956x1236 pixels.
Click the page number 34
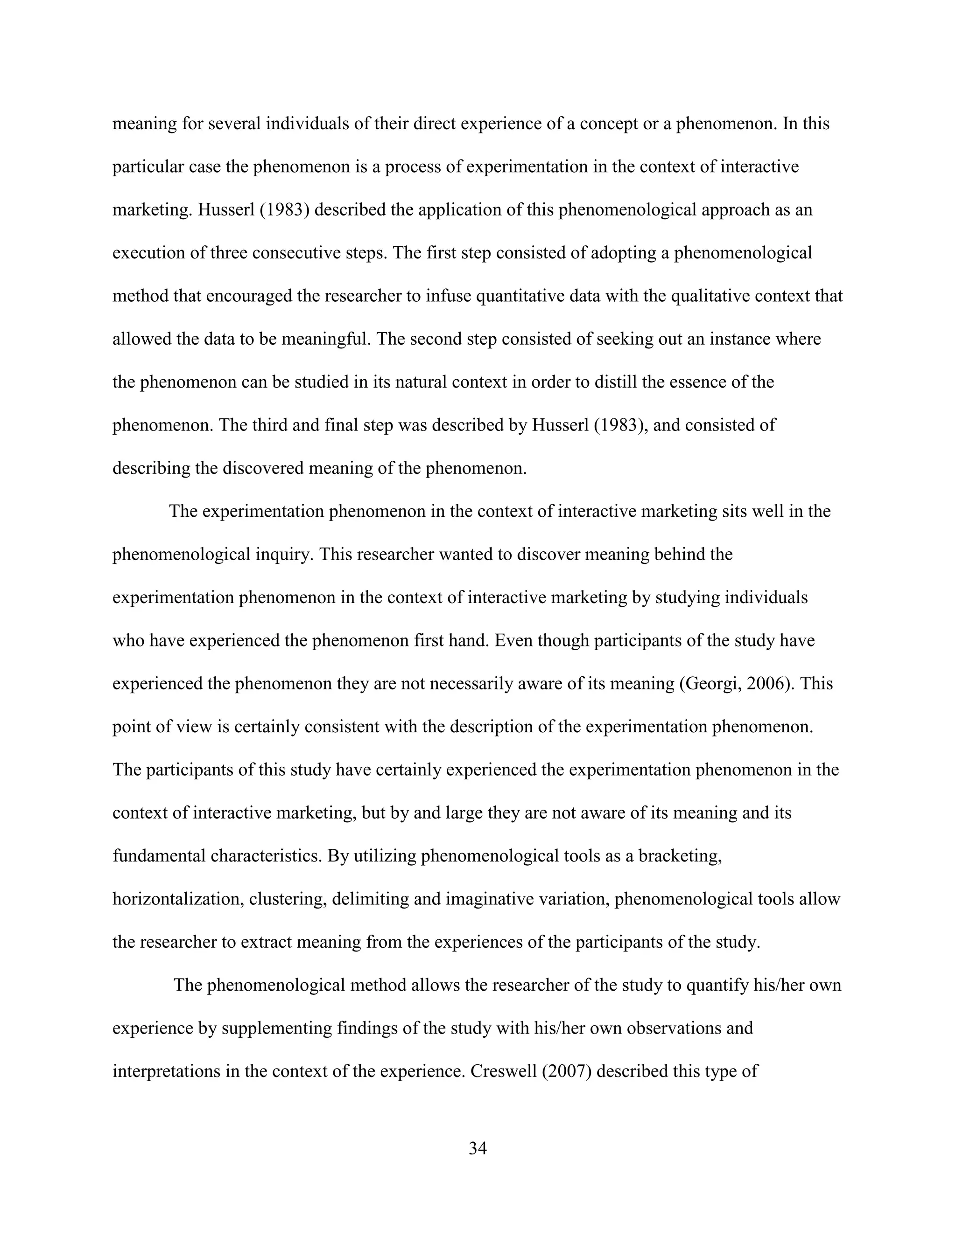point(478,1148)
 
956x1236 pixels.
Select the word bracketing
point(679,856)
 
